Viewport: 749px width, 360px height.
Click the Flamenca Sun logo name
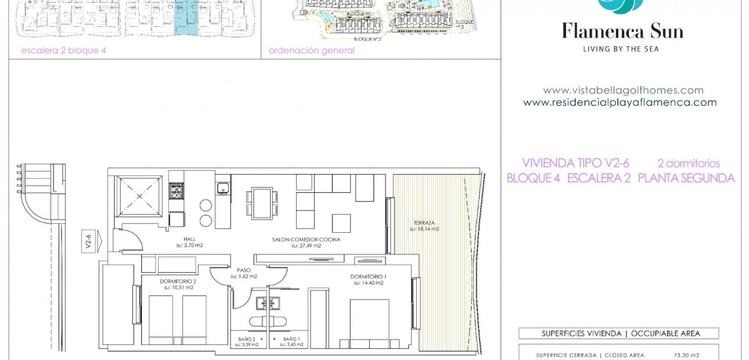click(x=622, y=31)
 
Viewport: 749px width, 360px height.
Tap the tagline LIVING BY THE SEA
click(x=621, y=49)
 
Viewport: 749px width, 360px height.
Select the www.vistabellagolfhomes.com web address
click(x=623, y=91)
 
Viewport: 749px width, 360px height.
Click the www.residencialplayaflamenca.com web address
click(x=620, y=103)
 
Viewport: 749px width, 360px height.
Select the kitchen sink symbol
click(x=222, y=188)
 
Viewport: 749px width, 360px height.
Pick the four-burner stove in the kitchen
click(x=177, y=191)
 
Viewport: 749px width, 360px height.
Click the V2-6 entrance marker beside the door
click(x=89, y=239)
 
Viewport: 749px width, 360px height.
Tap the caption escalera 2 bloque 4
click(x=64, y=51)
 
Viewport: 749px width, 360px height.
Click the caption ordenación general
click(x=311, y=51)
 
